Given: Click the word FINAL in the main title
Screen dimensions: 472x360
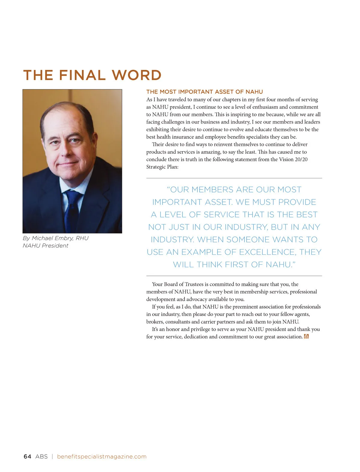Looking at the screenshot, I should [82, 75].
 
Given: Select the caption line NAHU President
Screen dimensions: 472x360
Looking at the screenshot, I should [46, 246].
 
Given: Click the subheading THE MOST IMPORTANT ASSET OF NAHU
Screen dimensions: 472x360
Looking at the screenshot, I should [205, 92].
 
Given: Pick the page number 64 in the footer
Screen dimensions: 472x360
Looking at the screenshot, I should [27, 456].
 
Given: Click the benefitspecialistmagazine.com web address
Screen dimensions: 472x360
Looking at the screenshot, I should [102, 456].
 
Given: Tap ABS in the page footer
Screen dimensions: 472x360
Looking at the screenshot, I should [41, 456].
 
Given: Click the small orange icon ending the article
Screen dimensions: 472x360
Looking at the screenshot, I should [306, 337].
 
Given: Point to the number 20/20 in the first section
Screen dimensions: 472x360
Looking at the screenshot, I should [301, 159].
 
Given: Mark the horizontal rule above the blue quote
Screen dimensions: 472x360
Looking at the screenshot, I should [234, 178].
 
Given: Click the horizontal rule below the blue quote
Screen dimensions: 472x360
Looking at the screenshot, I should [234, 276].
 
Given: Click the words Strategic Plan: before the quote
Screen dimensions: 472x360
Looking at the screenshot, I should [162, 167].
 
